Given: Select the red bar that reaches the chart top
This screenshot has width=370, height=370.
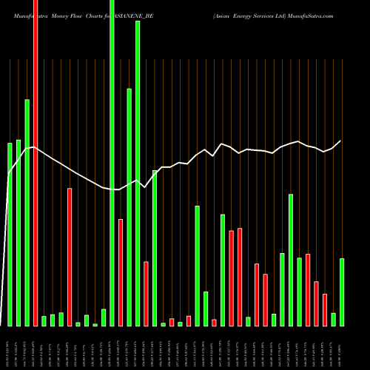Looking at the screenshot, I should coord(36,163).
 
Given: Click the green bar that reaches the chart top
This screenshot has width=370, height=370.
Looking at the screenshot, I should coord(112,163).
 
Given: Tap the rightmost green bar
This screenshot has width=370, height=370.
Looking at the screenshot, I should coord(342,292).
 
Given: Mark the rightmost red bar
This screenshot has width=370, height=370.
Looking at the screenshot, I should coord(325,309).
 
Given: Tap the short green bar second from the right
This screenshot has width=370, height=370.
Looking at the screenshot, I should coord(334,319).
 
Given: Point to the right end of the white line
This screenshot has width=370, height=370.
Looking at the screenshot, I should coord(341,141).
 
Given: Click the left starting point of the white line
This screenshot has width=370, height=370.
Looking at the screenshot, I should coord(9,174).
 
